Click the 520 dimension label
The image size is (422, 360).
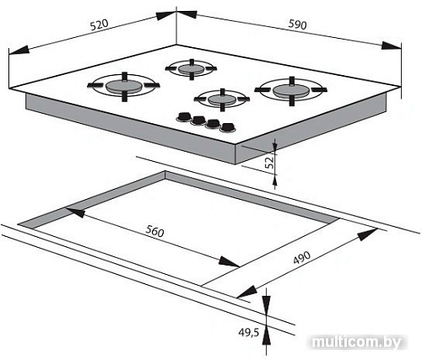[x=99, y=24]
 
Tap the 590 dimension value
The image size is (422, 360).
[x=297, y=25]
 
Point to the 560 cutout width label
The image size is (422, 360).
[x=154, y=231]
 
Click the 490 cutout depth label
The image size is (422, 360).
[x=302, y=257]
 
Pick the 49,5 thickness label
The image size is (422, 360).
[x=249, y=332]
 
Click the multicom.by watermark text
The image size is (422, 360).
[x=357, y=342]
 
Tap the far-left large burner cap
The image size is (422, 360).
[x=124, y=86]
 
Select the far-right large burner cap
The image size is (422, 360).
[x=291, y=90]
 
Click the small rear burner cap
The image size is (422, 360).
[x=192, y=69]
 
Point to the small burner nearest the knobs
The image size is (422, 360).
[x=222, y=99]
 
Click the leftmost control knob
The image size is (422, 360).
[x=184, y=116]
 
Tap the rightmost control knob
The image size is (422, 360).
[x=228, y=127]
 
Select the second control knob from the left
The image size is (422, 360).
[x=198, y=121]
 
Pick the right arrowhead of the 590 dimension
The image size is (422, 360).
[x=392, y=46]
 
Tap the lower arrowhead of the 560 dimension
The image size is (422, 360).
[x=229, y=261]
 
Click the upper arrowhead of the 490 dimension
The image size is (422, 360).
[x=367, y=234]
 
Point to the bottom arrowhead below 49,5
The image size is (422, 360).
[x=267, y=336]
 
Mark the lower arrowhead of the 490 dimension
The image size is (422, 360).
[x=247, y=292]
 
